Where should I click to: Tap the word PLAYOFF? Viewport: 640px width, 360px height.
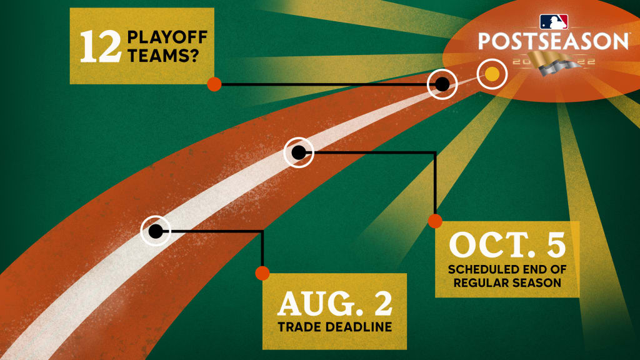pos(167,37)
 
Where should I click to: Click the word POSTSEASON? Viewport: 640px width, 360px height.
pos(553,41)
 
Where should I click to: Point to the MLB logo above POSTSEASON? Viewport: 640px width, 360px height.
pos(554,22)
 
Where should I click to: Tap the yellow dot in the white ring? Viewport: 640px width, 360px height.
pos(492,74)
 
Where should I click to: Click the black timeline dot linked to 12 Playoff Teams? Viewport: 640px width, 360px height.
pos(442,84)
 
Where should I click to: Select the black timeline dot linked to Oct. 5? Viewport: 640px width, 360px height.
pos(298,152)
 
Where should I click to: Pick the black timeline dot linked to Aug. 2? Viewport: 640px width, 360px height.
pos(156,231)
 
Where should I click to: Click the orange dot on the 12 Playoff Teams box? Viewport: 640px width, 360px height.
pos(214,84)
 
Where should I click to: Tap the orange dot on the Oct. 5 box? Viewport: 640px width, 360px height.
pos(435,221)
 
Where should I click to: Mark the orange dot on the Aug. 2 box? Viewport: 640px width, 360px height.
pos(262,273)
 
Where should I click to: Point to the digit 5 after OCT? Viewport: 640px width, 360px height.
pos(556,244)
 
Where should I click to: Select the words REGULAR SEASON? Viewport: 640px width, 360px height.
pos(507,282)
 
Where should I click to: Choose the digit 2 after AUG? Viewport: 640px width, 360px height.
pos(383,303)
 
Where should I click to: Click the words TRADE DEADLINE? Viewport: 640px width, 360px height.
pos(335,326)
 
